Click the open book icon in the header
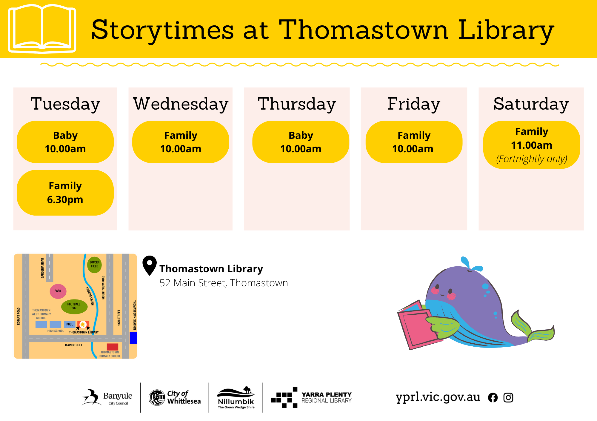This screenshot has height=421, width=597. pos(42,29)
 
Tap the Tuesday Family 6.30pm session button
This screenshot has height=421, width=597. pos(65,193)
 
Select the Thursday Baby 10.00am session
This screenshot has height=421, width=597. pos(301,142)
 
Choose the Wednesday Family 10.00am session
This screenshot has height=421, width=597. pos(181,142)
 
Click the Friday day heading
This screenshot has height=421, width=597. pos(414,104)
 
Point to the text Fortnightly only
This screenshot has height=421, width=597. pos(532,159)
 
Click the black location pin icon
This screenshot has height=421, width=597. pos(150,265)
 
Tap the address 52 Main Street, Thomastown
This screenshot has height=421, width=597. pos(224,283)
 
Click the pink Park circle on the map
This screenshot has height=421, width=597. pos(58,291)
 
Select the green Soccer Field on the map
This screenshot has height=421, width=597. pos(94,265)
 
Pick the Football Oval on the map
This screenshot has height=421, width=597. pos(74,306)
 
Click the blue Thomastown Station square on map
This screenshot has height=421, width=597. pos(133,338)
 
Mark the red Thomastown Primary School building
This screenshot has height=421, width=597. pos(113,347)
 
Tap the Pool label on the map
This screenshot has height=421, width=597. pos(70,324)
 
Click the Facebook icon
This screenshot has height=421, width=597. pos(493,398)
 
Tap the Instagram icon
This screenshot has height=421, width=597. pos(508,398)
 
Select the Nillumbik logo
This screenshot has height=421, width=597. pos(236,398)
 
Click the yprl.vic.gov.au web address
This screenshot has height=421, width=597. pos(438,397)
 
